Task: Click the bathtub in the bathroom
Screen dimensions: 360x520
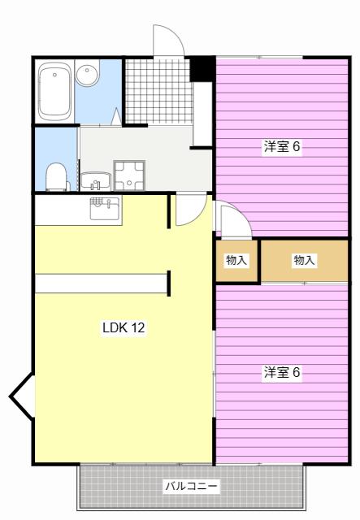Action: coord(55,91)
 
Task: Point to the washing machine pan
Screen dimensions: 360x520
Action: coord(129,175)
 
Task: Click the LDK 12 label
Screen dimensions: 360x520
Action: coord(124,327)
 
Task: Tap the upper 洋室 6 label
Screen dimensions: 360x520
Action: coord(282,146)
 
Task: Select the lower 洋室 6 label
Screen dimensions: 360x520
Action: coord(282,372)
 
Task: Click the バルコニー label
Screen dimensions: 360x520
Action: coord(192,486)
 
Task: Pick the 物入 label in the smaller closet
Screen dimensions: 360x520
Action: coord(236,260)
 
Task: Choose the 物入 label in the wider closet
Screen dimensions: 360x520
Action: coord(304,260)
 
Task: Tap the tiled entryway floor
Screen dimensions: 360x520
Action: coord(158,92)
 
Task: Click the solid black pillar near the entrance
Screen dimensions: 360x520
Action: coord(202,69)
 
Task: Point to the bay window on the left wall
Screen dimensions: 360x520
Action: coord(22,396)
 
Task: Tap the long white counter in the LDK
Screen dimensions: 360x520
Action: coord(101,284)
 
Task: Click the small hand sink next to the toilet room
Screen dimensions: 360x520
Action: coord(96,181)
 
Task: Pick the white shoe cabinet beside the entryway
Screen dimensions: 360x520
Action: coord(202,115)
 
